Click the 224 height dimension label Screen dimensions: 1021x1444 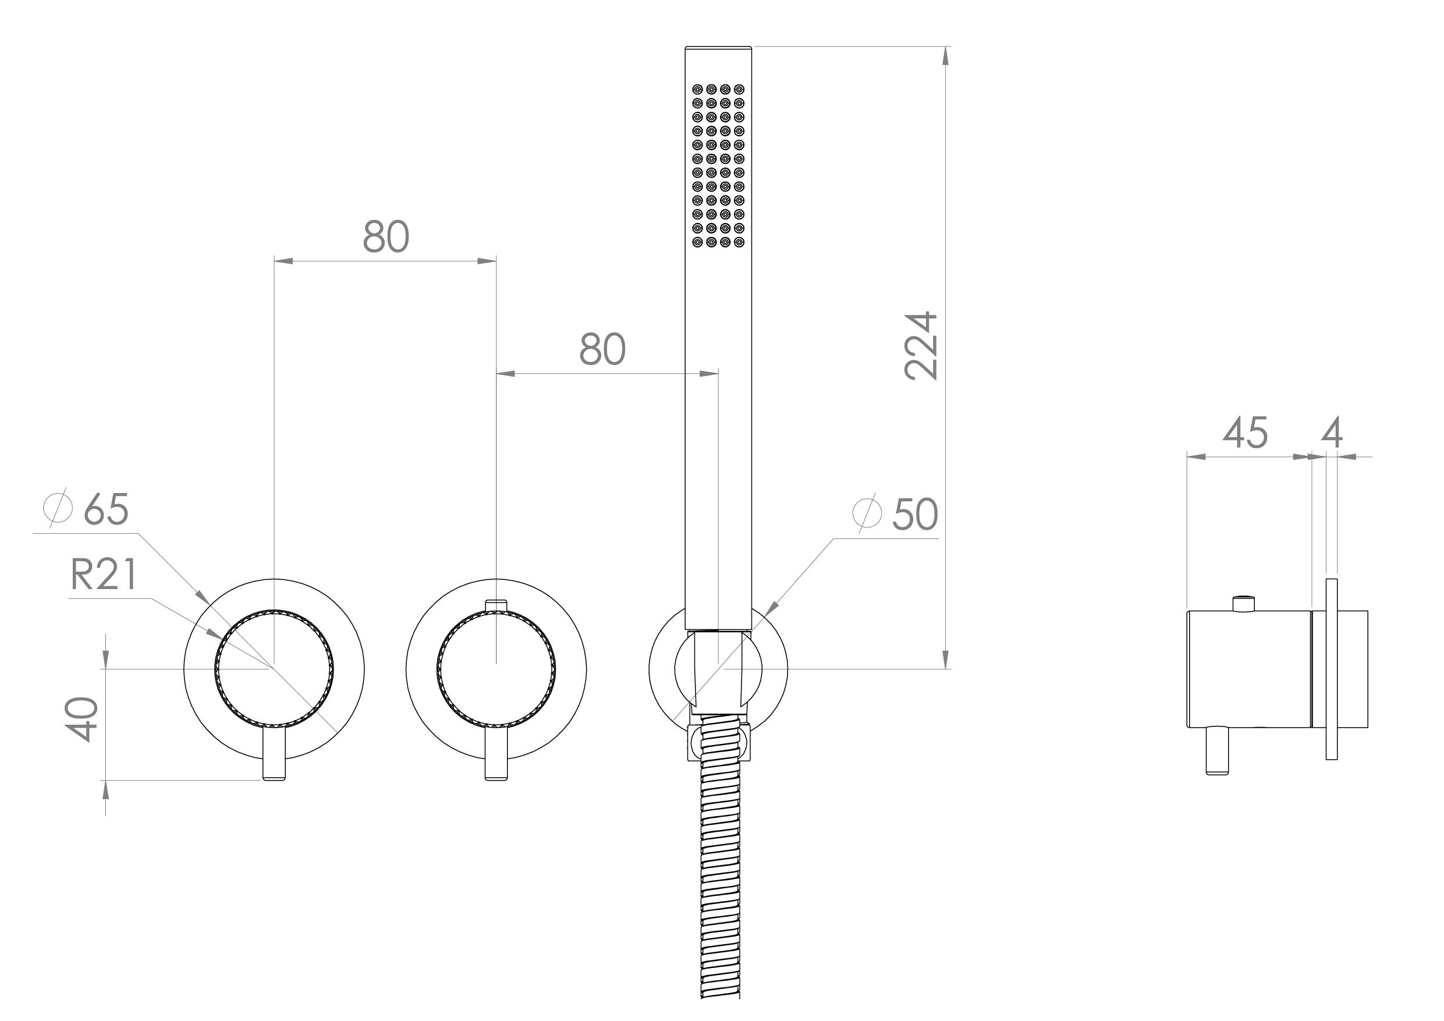[921, 346]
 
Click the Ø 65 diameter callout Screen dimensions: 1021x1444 [87, 508]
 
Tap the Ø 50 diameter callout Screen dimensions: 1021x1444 [896, 515]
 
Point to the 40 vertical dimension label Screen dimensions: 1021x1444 [81, 719]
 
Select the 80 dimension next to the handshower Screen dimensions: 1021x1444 [602, 349]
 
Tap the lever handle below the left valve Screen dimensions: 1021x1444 [274, 754]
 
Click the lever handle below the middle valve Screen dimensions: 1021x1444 [496, 754]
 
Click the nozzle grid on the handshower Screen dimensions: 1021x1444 [718, 165]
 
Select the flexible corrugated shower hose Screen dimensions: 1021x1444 [720, 881]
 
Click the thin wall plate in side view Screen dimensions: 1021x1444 [1332, 669]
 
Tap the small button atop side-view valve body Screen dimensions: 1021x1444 [1243, 603]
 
